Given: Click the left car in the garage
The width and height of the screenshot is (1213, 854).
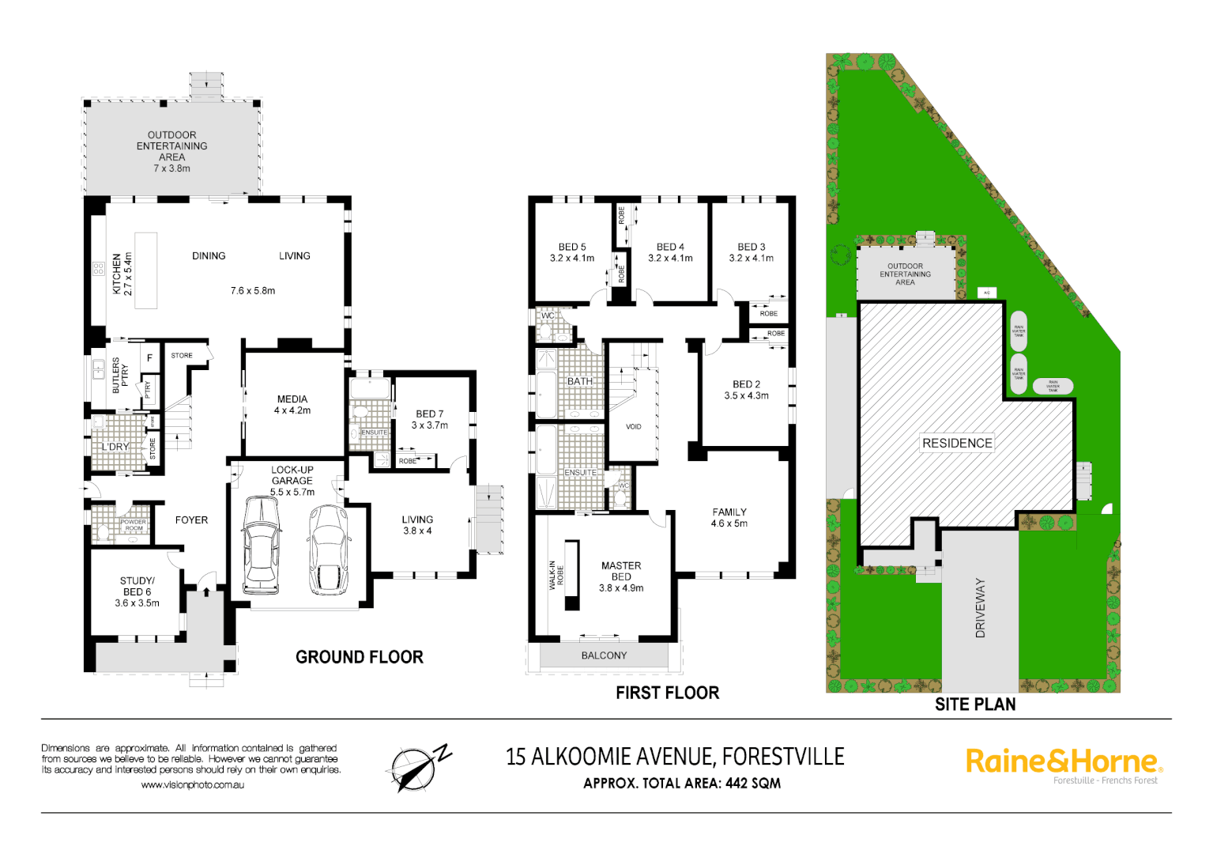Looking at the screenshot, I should pos(262,545).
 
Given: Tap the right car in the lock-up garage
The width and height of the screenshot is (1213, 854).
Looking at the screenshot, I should pos(328,549).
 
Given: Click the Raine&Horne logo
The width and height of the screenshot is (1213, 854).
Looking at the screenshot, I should pos(1064,762).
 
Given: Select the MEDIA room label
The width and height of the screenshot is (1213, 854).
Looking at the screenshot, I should pos(292,405).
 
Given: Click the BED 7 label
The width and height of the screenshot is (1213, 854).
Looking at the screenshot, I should pos(430,419).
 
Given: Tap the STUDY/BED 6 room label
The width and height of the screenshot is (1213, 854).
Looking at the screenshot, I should pos(137,591).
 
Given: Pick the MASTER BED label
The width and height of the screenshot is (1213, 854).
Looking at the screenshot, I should pos(621,576).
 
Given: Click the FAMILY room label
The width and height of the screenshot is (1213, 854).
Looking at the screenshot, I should pos(729,517).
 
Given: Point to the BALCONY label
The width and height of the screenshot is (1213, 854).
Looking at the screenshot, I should pos(604,656).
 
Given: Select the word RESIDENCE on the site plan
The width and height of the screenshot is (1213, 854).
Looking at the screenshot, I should pos(957,443).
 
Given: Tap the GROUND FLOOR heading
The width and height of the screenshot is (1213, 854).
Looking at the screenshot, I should pos(360,657).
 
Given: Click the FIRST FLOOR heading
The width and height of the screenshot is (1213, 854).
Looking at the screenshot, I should pos(668,693).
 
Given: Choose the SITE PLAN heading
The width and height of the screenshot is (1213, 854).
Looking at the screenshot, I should pos(975,704).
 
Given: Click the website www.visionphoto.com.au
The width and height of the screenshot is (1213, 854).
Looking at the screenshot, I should pos(192,785).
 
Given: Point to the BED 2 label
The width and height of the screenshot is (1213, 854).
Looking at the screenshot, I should pos(746,390).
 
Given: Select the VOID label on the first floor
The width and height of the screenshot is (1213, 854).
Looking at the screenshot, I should pos(634,427).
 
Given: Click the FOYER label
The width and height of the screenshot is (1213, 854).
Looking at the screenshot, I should pos(191,520).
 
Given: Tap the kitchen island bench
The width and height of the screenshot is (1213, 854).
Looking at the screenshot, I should pos(145,270).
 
